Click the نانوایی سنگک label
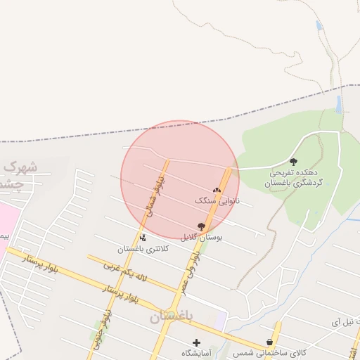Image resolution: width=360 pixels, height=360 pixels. [217, 200]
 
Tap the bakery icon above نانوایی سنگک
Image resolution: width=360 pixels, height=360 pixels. [217, 190]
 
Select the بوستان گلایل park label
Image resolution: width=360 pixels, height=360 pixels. [201, 237]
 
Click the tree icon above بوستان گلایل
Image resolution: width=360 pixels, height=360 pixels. [202, 226]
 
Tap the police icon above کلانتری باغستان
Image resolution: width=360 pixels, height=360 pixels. [143, 238]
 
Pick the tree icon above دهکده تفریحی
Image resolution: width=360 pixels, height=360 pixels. [293, 162]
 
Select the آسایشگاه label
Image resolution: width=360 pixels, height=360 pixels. [197, 352]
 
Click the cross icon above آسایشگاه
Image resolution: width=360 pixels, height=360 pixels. [196, 342]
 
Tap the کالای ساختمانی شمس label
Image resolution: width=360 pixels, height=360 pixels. [270, 352]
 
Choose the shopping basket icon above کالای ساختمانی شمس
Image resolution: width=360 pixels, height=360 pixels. [269, 342]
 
